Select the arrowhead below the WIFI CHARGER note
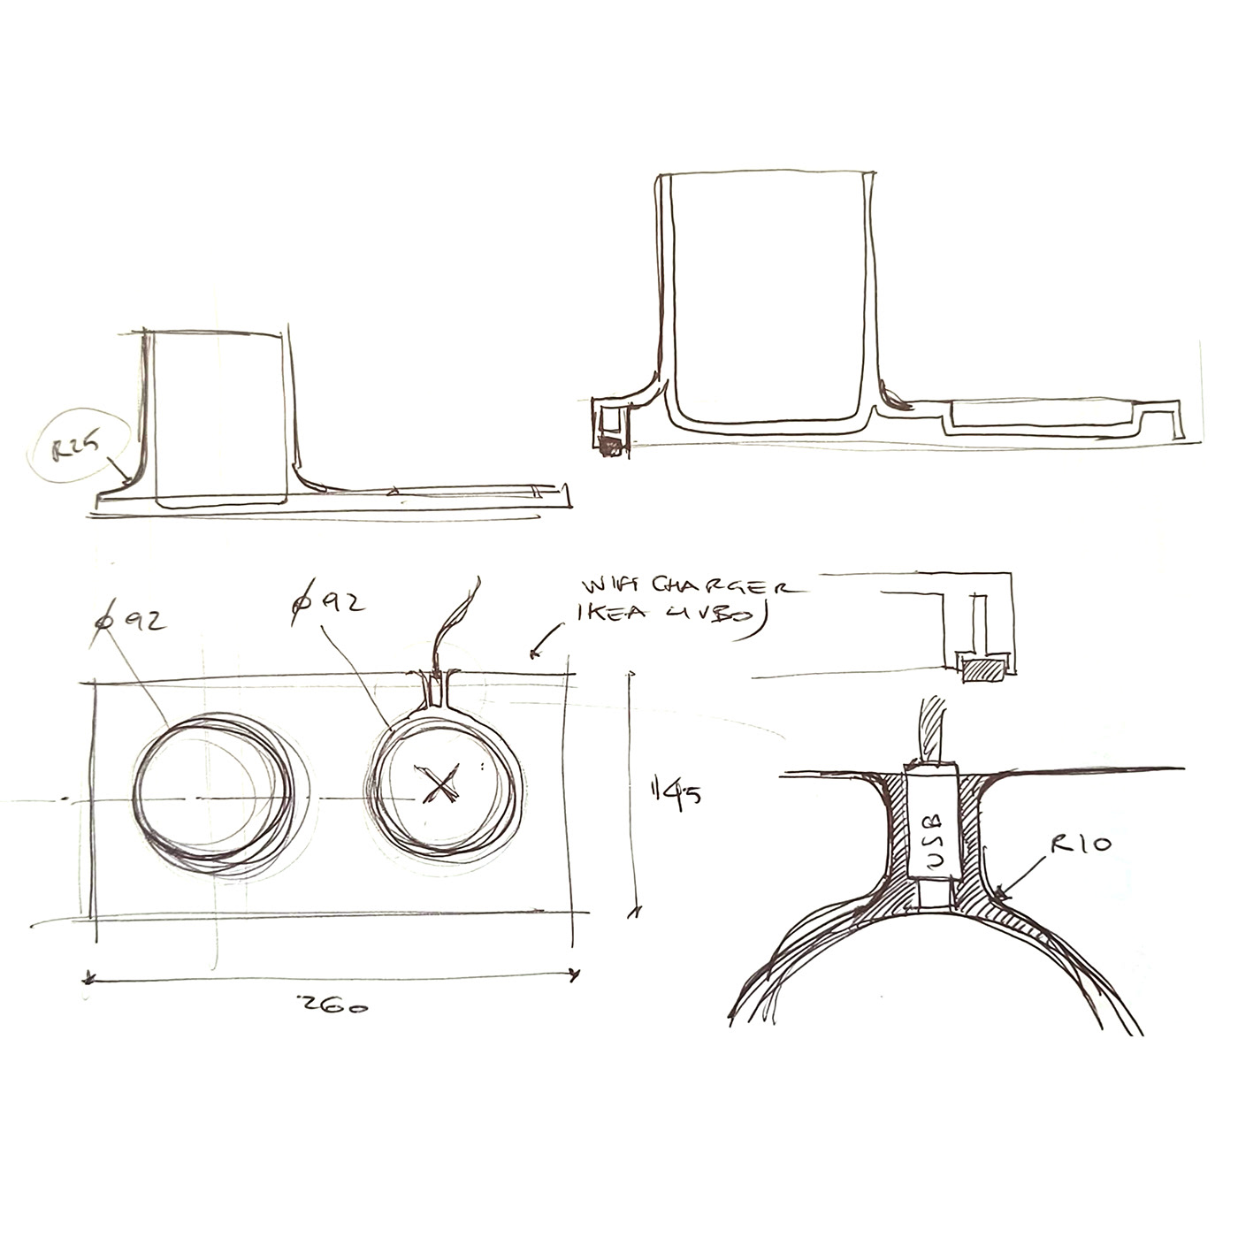534,654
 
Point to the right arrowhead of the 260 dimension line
577,975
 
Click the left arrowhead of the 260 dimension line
88,977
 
